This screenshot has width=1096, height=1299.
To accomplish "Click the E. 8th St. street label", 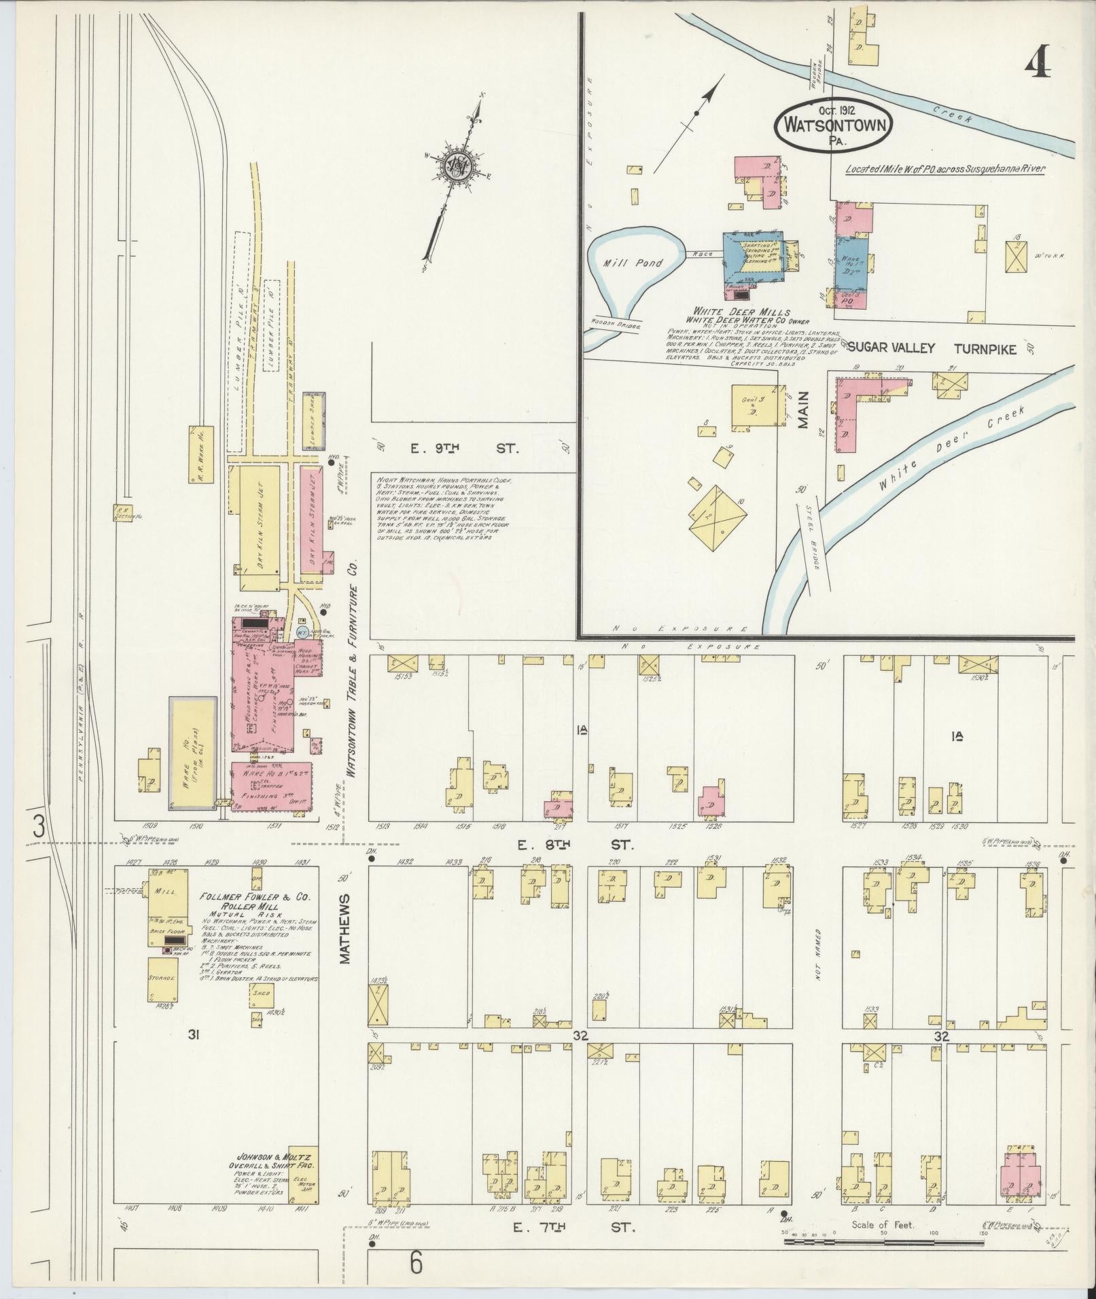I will click(575, 845).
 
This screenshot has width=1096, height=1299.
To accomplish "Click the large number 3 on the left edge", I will click(39, 826).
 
